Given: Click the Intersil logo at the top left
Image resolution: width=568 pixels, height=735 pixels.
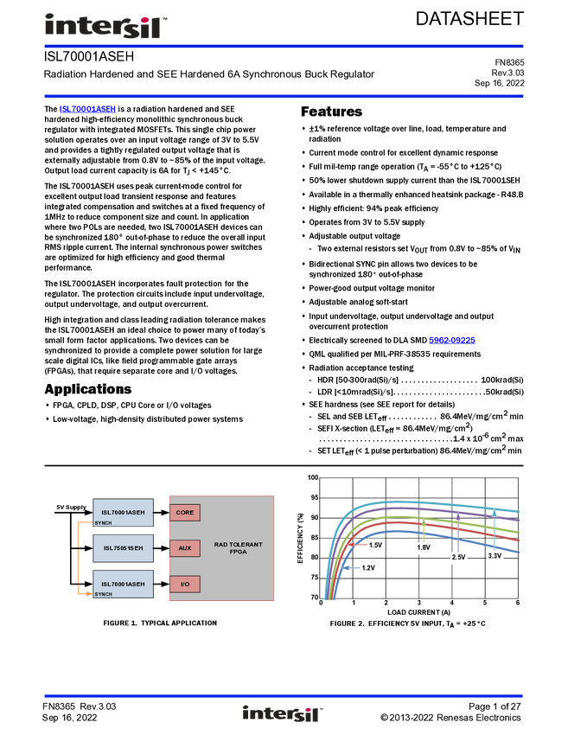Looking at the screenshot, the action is click(106, 26).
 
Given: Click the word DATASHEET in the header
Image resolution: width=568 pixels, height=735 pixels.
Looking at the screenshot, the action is click(469, 19).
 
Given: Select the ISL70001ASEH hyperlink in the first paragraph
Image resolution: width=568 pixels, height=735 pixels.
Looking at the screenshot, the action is click(87, 109).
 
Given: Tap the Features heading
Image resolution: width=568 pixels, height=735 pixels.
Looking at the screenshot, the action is click(331, 112).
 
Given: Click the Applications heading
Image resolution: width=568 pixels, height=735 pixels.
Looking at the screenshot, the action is click(88, 389).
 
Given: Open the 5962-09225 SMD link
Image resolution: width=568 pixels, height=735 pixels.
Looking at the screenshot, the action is click(452, 341).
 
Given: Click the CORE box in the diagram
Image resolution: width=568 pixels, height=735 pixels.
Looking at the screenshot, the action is click(185, 513).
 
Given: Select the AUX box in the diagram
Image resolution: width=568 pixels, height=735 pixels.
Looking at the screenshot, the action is click(185, 548).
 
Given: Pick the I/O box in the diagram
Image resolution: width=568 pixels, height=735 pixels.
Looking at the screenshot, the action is click(185, 584).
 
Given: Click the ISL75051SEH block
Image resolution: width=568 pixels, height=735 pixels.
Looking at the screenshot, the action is click(124, 548).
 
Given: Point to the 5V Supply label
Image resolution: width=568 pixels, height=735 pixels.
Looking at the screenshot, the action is click(71, 508).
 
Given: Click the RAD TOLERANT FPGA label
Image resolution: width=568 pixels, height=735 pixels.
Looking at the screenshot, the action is click(238, 548).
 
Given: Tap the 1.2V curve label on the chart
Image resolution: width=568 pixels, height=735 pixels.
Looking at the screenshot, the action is click(368, 568).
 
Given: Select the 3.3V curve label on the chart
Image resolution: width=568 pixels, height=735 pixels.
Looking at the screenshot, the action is click(495, 556).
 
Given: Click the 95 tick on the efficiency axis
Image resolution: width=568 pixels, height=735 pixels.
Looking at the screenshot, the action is click(313, 498).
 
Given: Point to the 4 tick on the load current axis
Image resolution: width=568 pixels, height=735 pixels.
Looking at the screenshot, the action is click(452, 603).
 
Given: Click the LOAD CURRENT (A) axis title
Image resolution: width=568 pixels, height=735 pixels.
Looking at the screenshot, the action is click(419, 612).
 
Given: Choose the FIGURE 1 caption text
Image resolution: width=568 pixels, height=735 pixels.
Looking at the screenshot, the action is click(160, 623).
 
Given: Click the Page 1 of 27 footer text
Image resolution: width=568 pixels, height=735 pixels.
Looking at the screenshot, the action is click(495, 706).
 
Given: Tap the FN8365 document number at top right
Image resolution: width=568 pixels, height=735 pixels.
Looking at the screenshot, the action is click(509, 62).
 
